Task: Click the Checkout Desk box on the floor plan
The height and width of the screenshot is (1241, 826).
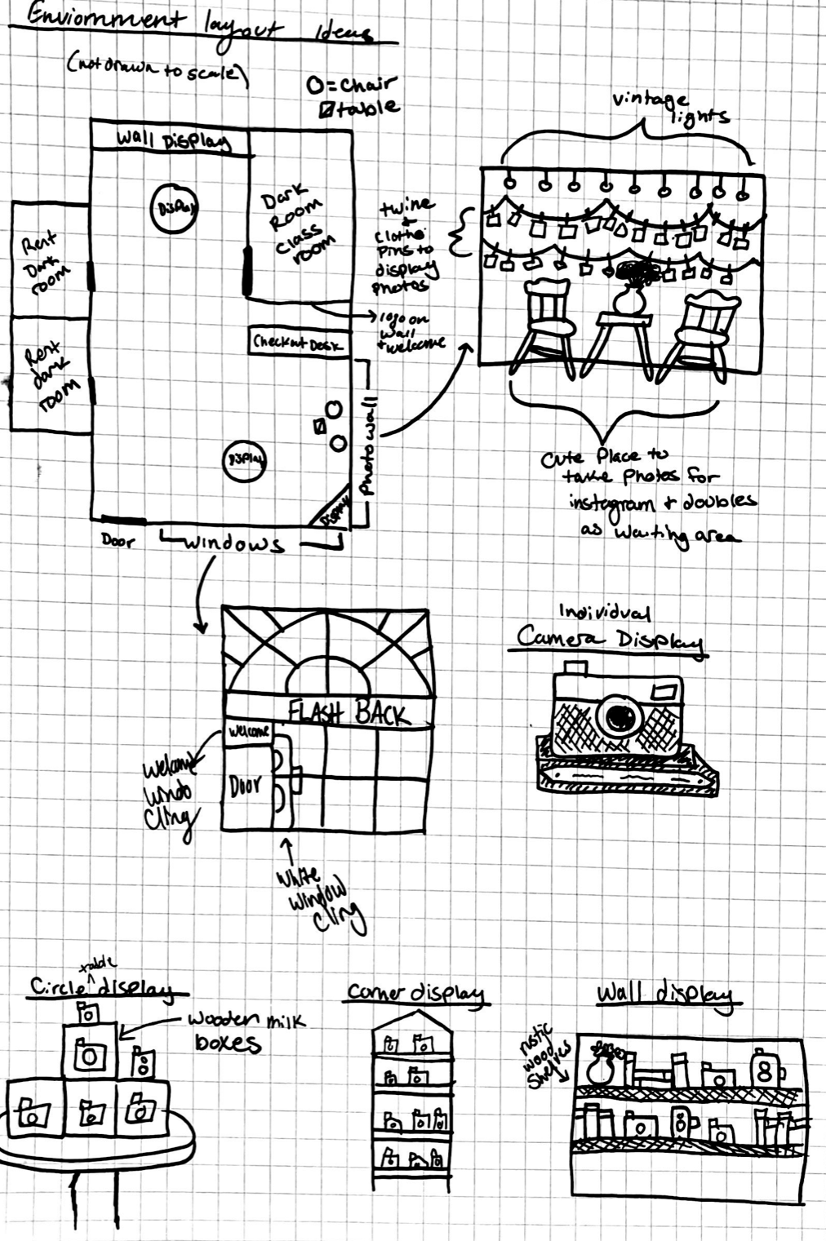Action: click(297, 342)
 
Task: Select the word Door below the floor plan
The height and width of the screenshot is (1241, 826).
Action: click(118, 540)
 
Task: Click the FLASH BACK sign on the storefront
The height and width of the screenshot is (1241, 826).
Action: click(349, 714)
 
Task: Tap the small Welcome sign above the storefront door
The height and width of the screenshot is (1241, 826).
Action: click(248, 732)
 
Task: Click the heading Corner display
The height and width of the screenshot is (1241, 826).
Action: click(415, 993)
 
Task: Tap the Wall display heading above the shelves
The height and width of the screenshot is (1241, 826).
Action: click(664, 995)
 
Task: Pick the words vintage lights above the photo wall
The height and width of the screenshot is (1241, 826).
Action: click(669, 108)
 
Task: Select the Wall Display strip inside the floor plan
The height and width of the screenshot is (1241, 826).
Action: click(173, 140)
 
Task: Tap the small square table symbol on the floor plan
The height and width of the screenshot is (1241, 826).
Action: click(321, 427)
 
